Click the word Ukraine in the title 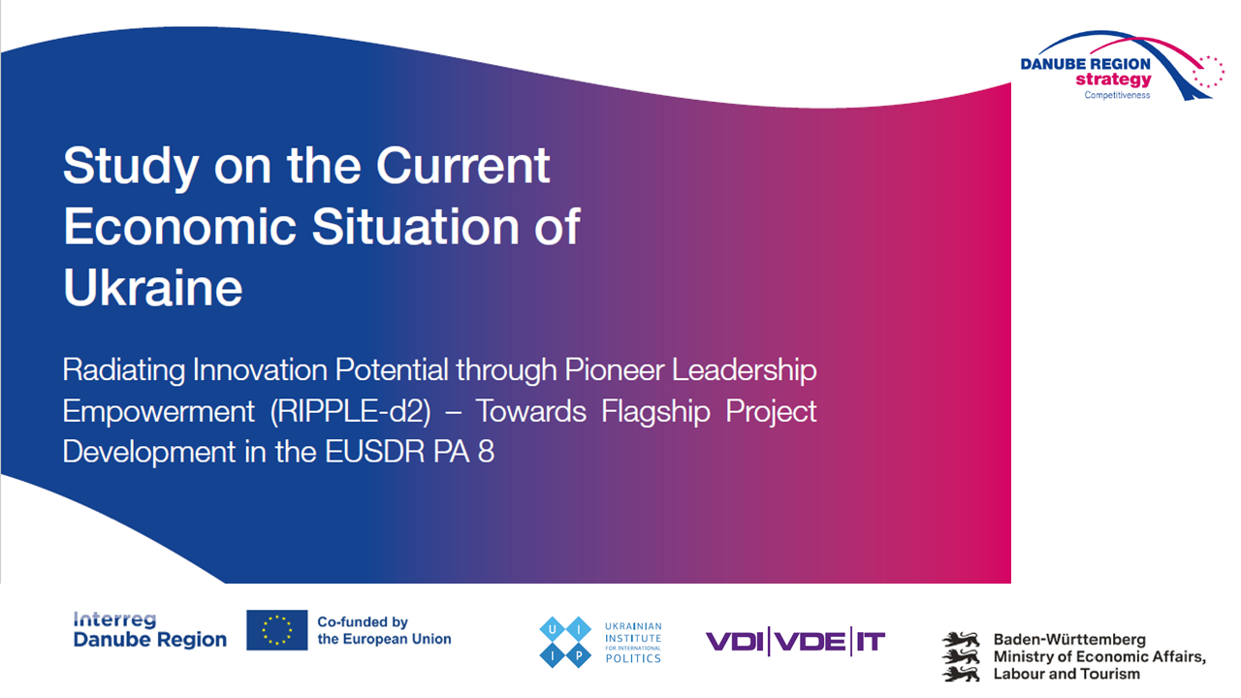click(x=153, y=287)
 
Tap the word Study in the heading click(x=131, y=166)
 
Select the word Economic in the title click(x=180, y=226)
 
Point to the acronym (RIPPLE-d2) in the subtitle click(x=350, y=412)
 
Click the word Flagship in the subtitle click(x=655, y=412)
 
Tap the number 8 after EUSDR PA click(x=486, y=452)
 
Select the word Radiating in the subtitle click(x=123, y=370)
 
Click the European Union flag click(x=277, y=630)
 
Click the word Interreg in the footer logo click(x=115, y=620)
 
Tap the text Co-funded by click(x=363, y=621)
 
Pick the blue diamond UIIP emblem click(x=565, y=642)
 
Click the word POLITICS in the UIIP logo click(x=633, y=658)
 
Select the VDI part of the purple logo click(x=735, y=642)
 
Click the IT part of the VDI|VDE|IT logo click(x=871, y=642)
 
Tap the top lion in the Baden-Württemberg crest click(x=961, y=639)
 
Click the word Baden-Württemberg click(x=1069, y=639)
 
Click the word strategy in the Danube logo click(x=1114, y=79)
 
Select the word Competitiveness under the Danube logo click(x=1117, y=95)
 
